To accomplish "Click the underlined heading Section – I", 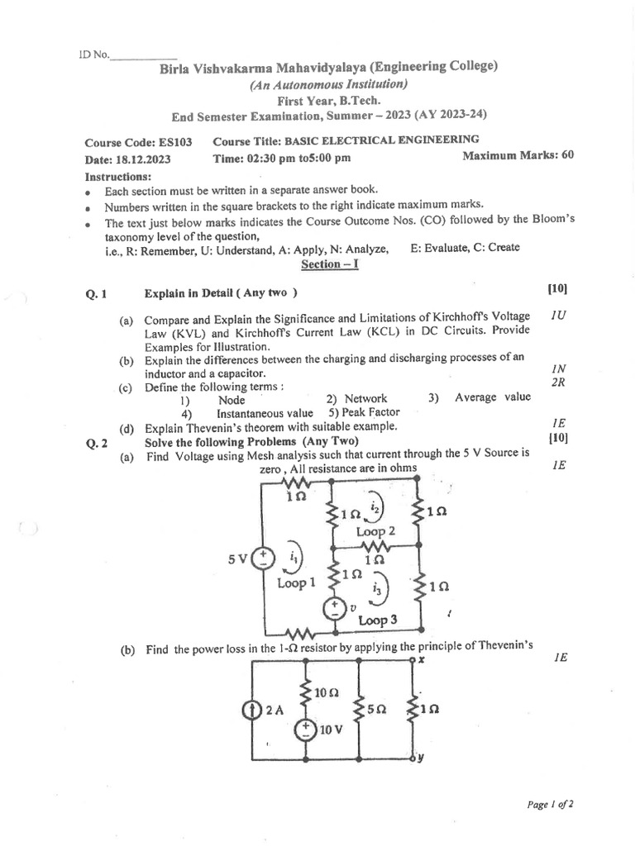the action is [x=329, y=264].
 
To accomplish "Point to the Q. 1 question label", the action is [x=97, y=292].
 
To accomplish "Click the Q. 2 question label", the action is [x=97, y=442].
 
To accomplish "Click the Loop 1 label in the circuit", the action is [x=296, y=583].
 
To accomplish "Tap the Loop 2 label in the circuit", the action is [x=375, y=532].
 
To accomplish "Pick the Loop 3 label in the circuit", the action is [x=379, y=620].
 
